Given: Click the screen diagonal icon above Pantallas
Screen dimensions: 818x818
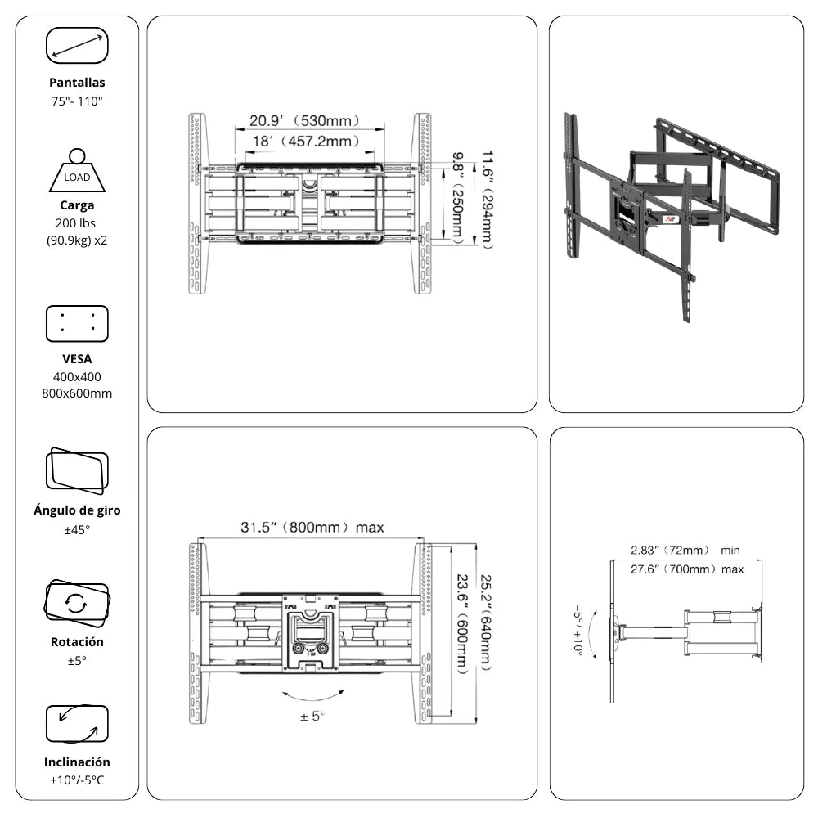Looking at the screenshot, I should point(77,45).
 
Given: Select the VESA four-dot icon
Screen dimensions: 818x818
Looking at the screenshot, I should point(77,323).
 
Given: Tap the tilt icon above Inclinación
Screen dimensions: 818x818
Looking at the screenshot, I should point(77,724).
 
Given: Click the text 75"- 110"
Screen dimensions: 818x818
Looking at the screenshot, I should point(77,101).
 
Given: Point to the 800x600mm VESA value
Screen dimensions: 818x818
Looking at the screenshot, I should point(77,393).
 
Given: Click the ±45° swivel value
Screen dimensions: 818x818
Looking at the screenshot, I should point(77,530).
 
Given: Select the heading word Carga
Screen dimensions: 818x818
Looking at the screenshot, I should point(77,205).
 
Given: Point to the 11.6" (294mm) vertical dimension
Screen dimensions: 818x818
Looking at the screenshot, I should point(487,199).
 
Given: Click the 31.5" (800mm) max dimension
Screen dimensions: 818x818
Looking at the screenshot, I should point(312,528).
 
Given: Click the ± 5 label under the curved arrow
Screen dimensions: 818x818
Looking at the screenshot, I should point(312,717).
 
